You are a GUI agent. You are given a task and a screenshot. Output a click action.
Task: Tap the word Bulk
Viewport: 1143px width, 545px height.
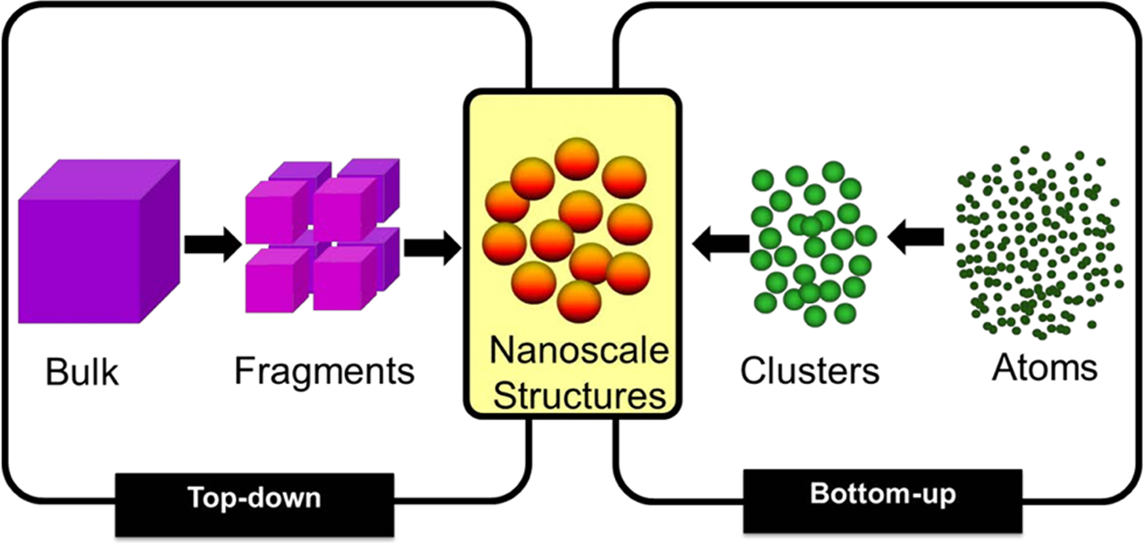[82, 372]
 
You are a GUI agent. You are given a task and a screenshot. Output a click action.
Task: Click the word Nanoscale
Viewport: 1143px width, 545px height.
[579, 351]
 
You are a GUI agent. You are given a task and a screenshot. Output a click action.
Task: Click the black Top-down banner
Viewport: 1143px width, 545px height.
[254, 498]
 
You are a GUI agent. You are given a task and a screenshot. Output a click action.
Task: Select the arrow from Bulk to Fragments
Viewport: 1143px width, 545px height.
[213, 244]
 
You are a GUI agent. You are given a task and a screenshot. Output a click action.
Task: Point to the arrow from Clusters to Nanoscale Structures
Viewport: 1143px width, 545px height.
[722, 242]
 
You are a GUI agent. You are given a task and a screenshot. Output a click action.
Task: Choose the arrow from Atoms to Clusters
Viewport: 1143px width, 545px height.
[916, 237]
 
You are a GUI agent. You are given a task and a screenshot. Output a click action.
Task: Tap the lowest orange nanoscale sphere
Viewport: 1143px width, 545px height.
[579, 300]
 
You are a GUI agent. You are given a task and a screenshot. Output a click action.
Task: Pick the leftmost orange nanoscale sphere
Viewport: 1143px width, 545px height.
[504, 242]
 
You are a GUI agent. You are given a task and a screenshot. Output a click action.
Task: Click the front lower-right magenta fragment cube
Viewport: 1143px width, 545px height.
[344, 278]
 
